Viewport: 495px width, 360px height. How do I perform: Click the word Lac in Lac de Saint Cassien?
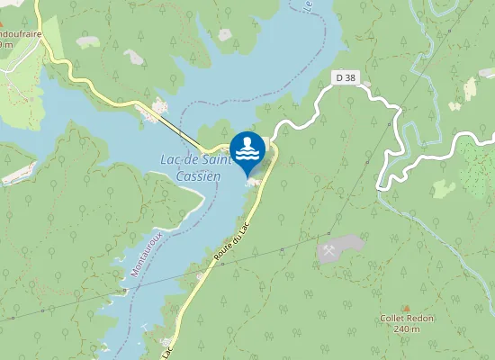pos(169,159)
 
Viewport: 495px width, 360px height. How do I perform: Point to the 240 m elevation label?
pos(407,329)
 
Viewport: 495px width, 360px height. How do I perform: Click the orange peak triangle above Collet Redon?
pos(406,308)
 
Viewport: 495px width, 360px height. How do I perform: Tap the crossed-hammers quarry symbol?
pos(330,249)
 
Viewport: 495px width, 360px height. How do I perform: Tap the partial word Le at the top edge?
pos(308,6)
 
